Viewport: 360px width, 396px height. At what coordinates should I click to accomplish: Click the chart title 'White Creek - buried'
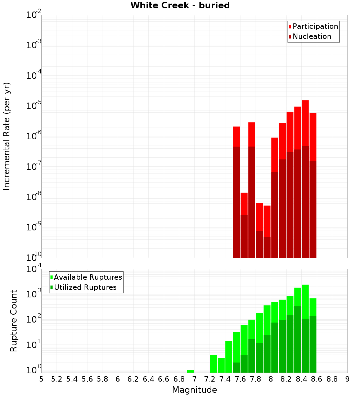click(180, 5)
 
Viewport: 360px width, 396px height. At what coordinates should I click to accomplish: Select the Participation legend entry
click(313, 26)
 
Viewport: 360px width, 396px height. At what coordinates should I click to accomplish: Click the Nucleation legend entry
click(310, 36)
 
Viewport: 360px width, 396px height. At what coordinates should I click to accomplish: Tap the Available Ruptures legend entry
click(86, 277)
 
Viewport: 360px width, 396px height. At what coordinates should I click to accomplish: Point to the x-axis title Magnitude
click(194, 390)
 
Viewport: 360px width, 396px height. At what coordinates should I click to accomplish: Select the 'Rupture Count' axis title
click(14, 320)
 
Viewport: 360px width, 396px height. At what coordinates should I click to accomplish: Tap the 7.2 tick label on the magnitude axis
click(210, 379)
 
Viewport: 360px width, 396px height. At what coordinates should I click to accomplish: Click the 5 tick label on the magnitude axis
click(41, 379)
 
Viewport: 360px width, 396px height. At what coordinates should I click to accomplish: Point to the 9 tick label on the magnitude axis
click(347, 379)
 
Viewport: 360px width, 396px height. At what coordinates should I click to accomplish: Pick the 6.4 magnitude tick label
click(148, 379)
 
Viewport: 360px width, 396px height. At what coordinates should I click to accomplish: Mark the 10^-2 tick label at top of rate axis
click(34, 15)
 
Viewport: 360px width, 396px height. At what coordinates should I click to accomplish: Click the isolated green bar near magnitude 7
click(190, 371)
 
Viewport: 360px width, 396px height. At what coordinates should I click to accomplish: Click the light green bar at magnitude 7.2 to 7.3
click(213, 364)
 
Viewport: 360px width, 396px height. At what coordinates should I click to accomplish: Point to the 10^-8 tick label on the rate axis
click(34, 197)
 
